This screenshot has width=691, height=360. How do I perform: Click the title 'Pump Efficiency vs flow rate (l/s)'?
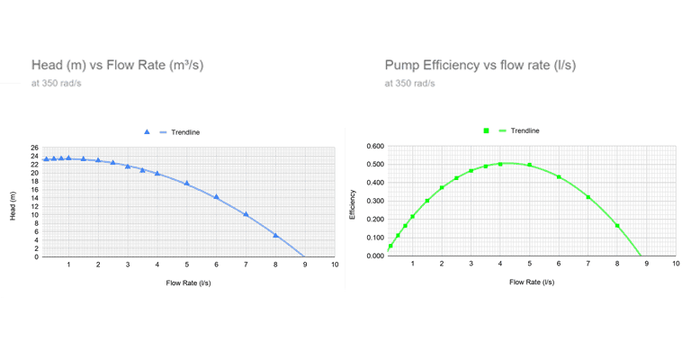pos(480,65)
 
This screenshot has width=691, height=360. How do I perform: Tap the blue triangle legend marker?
pos(147,132)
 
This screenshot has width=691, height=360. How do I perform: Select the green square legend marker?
pos(487,130)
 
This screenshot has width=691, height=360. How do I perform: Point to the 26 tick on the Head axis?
pos(34,148)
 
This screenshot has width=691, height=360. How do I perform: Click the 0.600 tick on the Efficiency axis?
pos(372,146)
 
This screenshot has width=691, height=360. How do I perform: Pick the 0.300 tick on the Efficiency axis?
pos(372,201)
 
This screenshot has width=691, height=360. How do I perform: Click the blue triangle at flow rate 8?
pos(275,236)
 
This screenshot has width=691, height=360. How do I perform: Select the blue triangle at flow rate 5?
pos(187,184)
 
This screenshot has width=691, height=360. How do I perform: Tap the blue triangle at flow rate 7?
pos(246,214)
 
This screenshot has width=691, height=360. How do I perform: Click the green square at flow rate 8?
pos(617,226)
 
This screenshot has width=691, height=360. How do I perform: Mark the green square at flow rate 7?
pos(588,197)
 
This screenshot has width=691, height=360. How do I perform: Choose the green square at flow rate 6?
pos(559,177)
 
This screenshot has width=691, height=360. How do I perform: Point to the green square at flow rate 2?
pos(442,187)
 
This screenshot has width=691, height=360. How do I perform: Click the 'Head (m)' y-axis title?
pos(13,205)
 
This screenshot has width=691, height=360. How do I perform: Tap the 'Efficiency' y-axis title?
pos(353,203)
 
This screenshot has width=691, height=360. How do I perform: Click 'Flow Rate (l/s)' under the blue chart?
pos(188,283)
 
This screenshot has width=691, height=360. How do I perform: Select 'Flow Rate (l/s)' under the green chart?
pos(531,282)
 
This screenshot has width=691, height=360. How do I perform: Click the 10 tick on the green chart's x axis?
pos(676,264)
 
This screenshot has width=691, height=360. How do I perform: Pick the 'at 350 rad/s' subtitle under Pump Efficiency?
pos(409,84)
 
